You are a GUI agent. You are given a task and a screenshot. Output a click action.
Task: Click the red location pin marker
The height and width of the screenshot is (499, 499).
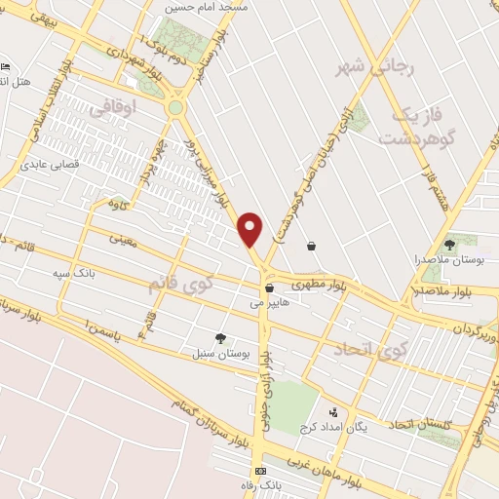(x=251, y=228)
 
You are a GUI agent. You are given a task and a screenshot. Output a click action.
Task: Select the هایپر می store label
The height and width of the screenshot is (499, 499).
(x=271, y=304)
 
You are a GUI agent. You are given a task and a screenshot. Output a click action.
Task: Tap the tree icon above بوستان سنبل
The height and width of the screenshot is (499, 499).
(x=221, y=337)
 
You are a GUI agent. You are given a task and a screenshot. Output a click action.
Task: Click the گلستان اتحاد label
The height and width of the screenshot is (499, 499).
(x=424, y=424)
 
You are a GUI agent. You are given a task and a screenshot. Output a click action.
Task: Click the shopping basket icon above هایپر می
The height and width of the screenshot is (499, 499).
(x=269, y=288)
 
